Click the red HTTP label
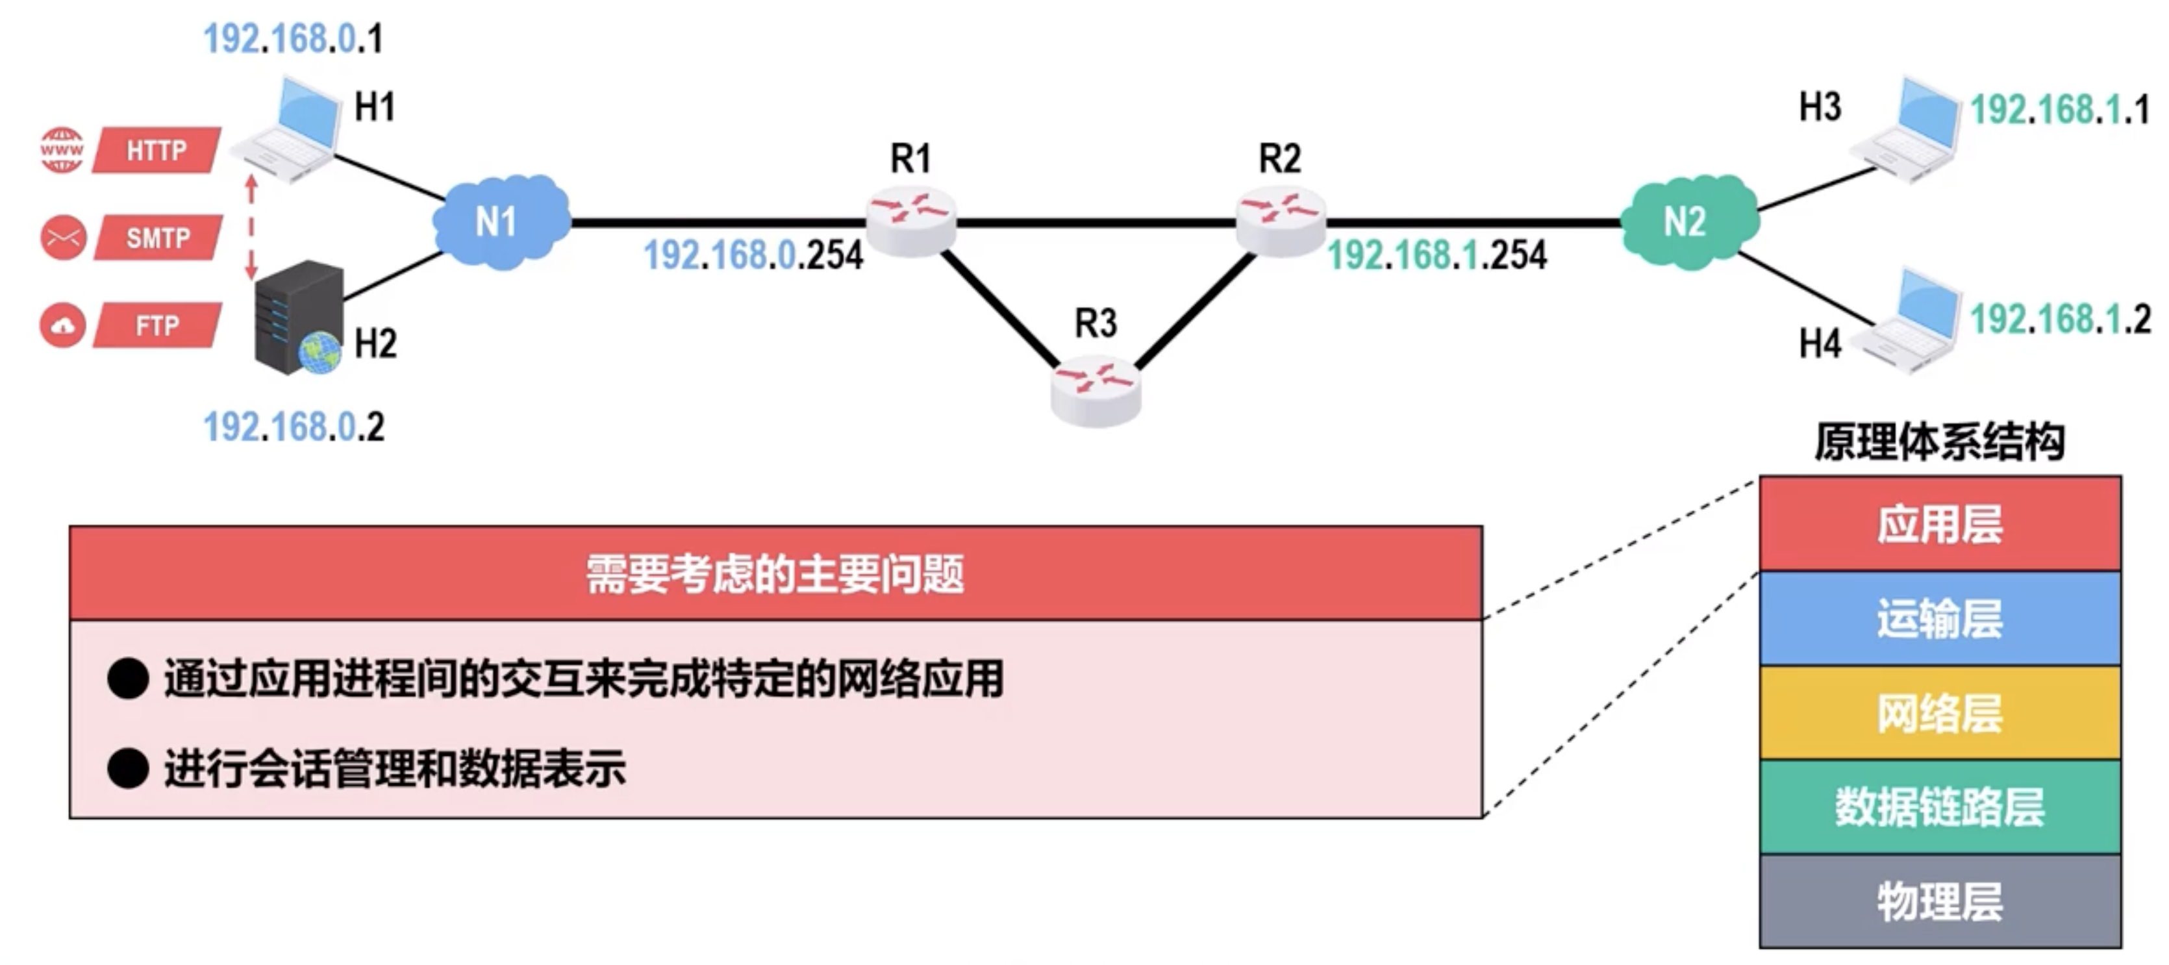[x=157, y=151]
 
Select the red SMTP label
[x=158, y=238]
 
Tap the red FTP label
[x=157, y=325]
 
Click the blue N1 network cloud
[x=500, y=222]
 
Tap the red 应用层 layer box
[x=1939, y=524]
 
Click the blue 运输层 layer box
[x=1939, y=619]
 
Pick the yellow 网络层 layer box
[x=1939, y=713]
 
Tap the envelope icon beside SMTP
[x=63, y=238]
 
